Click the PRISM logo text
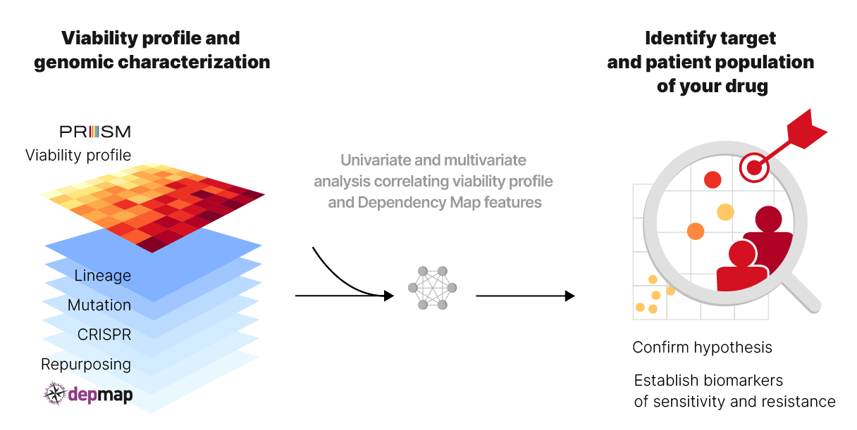pyautogui.click(x=95, y=132)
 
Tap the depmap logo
pyautogui.click(x=88, y=394)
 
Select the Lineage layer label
pyautogui.click(x=103, y=275)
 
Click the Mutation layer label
pyautogui.click(x=99, y=305)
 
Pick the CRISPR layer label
pyautogui.click(x=104, y=335)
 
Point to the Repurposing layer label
pyautogui.click(x=86, y=365)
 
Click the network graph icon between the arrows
pyautogui.click(x=433, y=288)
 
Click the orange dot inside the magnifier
pyautogui.click(x=696, y=231)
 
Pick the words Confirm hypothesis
pyautogui.click(x=702, y=348)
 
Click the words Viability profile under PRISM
pyautogui.click(x=78, y=155)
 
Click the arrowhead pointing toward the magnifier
pyautogui.click(x=569, y=296)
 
